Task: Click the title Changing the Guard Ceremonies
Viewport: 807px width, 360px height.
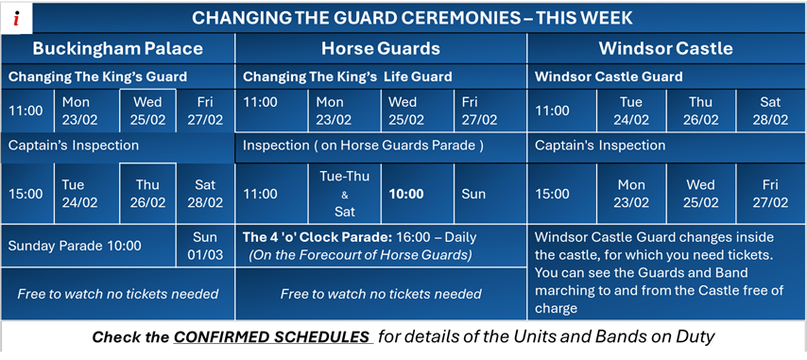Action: click(x=412, y=18)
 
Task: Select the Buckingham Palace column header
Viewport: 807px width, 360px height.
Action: click(x=118, y=48)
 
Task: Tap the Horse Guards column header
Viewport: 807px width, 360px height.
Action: click(x=381, y=48)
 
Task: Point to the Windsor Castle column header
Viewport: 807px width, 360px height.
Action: click(x=666, y=48)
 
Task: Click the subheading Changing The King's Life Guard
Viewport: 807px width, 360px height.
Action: click(x=347, y=77)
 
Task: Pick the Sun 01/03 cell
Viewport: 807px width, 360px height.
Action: click(x=204, y=246)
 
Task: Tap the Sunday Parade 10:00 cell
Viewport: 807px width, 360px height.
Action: click(x=75, y=246)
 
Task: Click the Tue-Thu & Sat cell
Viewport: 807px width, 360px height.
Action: click(x=336, y=194)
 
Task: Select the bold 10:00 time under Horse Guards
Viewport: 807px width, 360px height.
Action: click(x=406, y=194)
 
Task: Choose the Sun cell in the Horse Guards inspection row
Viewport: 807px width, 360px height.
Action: click(x=473, y=194)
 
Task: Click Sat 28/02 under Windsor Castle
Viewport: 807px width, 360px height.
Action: click(x=771, y=111)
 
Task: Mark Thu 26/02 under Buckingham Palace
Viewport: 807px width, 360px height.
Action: click(x=147, y=194)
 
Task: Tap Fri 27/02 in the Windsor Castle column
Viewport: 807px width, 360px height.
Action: click(x=771, y=194)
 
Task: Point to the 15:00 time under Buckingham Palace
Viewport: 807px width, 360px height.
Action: click(x=26, y=194)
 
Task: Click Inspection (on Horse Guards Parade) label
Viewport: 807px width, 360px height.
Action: click(x=363, y=146)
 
